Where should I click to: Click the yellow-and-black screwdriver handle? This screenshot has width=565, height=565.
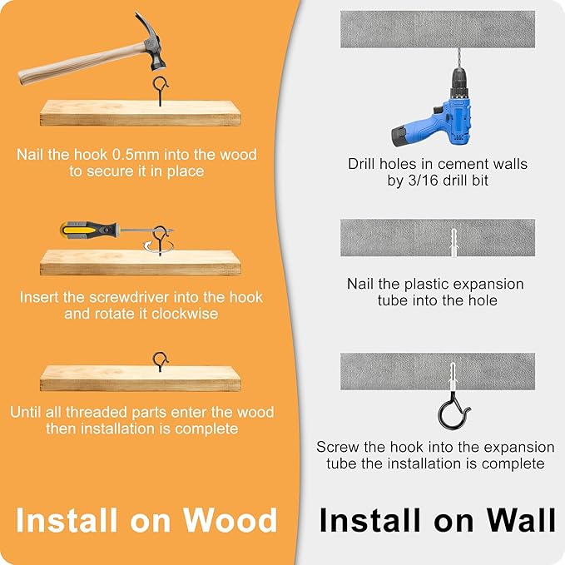click(x=89, y=230)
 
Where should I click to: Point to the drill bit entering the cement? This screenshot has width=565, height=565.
click(x=458, y=57)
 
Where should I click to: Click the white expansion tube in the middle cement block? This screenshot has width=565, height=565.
click(x=453, y=242)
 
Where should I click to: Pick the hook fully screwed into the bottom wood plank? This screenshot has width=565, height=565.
click(x=161, y=361)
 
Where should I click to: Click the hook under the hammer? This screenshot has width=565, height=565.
click(x=161, y=90)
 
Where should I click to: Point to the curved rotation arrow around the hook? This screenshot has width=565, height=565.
click(x=159, y=247)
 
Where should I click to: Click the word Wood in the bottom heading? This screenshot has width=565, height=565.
click(x=230, y=520)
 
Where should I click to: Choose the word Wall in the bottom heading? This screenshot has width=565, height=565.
click(x=521, y=520)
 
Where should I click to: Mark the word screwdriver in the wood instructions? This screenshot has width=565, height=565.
click(x=129, y=297)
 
